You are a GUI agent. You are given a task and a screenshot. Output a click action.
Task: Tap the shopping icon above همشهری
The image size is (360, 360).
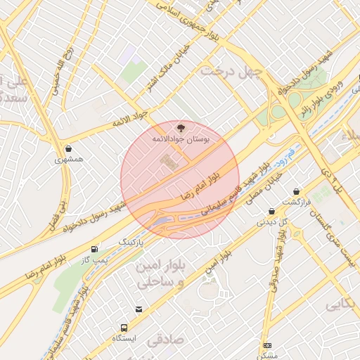point(68,148)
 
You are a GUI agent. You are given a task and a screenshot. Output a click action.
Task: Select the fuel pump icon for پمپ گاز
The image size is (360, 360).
point(94,249)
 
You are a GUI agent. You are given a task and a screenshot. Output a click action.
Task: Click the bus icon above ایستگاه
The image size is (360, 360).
point(124,327)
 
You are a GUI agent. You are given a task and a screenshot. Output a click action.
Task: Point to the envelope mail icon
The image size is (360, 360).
point(139,309)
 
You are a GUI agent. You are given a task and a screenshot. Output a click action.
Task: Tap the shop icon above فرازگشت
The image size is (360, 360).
point(296,191)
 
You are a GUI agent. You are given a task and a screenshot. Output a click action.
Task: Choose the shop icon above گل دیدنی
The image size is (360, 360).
point(271,211)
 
